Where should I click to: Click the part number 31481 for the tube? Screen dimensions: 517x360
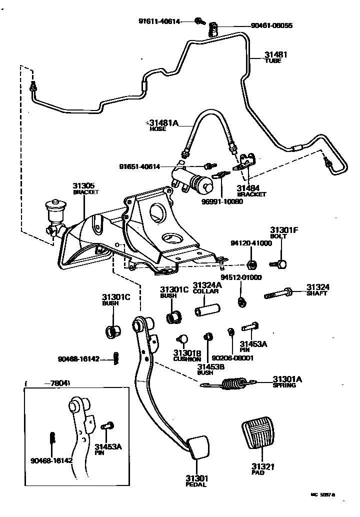pos(276,54)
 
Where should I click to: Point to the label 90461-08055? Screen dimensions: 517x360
pos(271,25)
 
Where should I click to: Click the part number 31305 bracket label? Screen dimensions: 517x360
pos(83,186)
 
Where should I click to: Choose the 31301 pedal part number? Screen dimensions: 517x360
pos(195,478)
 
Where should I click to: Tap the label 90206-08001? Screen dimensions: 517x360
pos(232,358)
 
